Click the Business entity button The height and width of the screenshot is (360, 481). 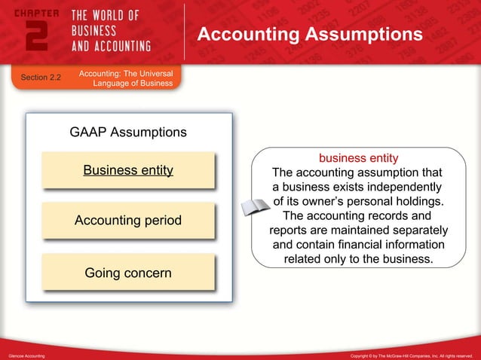coord(128,170)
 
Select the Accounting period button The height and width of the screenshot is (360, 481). coord(128,221)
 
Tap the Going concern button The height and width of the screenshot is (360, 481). coord(128,272)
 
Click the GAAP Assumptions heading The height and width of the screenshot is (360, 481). coord(128,133)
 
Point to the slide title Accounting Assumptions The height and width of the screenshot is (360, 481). coord(309,35)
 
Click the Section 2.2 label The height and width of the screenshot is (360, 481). coord(41,78)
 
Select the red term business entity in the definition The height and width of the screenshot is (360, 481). coord(358,158)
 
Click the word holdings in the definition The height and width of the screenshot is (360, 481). coord(418,202)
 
